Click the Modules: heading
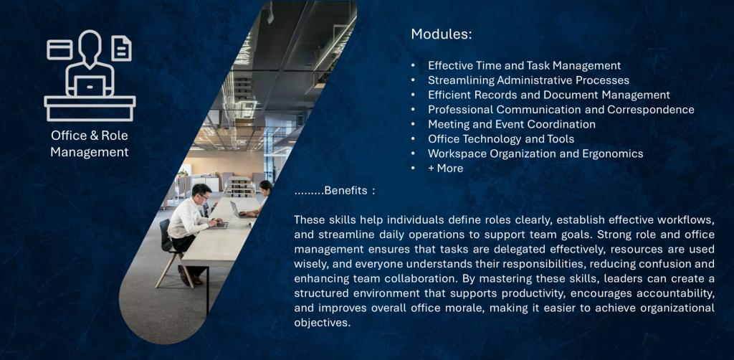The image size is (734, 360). tap(441, 34)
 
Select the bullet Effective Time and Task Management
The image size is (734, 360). tap(524, 65)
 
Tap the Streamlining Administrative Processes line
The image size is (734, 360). tap(528, 80)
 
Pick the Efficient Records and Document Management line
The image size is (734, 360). tap(548, 95)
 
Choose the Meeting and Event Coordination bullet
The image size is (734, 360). tap(512, 124)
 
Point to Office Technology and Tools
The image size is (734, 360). tap(501, 138)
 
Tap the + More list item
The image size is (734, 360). tap(446, 168)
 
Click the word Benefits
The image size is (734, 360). tap(345, 191)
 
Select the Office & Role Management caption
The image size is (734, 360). tap(90, 143)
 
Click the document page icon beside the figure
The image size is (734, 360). tap(121, 49)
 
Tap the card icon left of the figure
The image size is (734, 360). tap(59, 49)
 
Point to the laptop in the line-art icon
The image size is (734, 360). tap(90, 86)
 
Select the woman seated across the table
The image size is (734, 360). tap(259, 199)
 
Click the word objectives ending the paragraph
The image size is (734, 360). tap(322, 323)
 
